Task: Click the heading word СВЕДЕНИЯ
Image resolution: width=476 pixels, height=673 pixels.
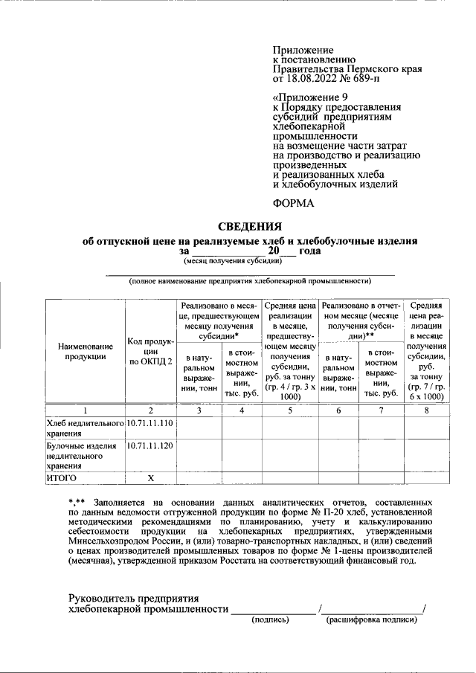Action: click(249, 228)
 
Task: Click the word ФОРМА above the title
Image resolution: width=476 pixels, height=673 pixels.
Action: click(294, 203)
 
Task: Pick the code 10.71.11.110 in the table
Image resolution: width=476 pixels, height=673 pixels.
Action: click(149, 423)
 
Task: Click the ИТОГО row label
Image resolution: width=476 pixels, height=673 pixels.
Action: click(62, 477)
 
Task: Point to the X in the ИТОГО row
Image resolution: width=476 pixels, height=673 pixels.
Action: click(150, 477)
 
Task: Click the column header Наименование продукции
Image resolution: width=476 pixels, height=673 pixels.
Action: click(85, 351)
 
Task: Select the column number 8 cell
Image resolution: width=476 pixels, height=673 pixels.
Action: click(426, 410)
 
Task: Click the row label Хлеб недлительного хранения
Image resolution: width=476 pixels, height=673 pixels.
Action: click(83, 428)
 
